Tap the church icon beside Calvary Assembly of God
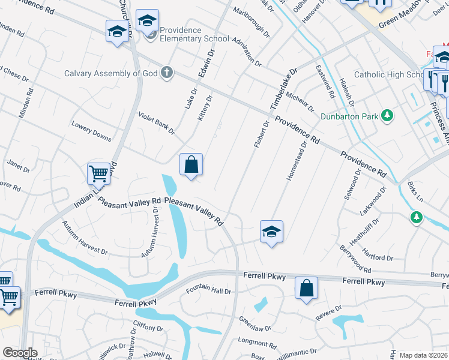pyautogui.click(x=167, y=73)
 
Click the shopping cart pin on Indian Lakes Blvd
pyautogui.click(x=98, y=173)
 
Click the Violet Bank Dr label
pyautogui.click(x=156, y=122)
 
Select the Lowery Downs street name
pyautogui.click(x=91, y=133)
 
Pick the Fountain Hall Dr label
pyautogui.click(x=208, y=291)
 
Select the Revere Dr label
pyautogui.click(x=330, y=312)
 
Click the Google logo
pyautogui.click(x=20, y=353)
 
